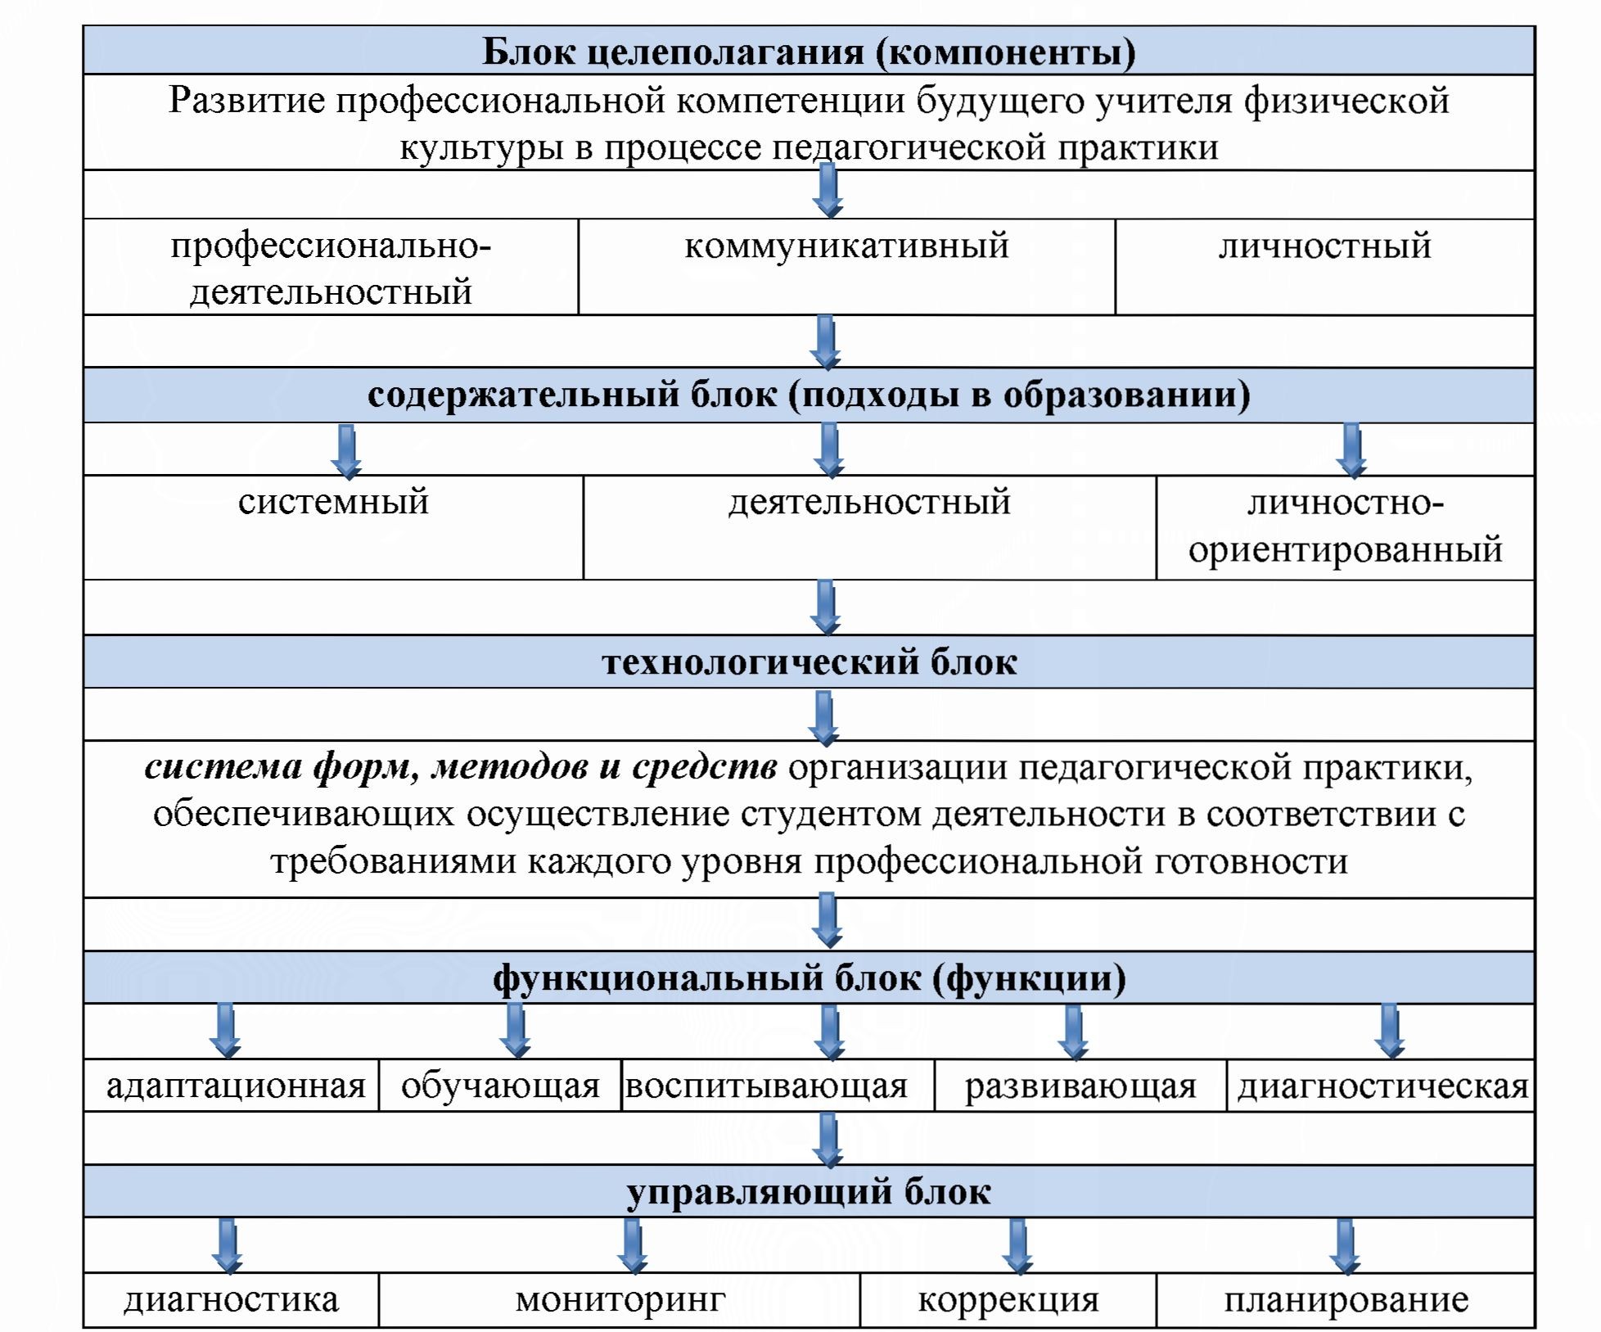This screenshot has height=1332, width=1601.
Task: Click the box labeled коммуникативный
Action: (x=846, y=266)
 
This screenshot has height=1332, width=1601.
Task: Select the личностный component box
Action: (x=1324, y=266)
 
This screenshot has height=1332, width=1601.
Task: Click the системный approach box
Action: (x=333, y=526)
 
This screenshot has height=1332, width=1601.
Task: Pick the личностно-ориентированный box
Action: (x=1345, y=526)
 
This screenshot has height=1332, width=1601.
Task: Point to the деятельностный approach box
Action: (x=869, y=526)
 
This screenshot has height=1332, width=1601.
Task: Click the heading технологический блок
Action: (x=809, y=661)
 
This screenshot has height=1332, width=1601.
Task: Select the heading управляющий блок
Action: (x=809, y=1191)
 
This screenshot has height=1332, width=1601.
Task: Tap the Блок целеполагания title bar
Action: (x=809, y=51)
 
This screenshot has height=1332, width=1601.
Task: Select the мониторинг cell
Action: (x=620, y=1299)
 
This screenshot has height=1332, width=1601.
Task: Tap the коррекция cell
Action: (x=1008, y=1299)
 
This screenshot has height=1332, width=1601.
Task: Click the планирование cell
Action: (x=1346, y=1299)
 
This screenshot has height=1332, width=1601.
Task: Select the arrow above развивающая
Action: (x=1073, y=1032)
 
